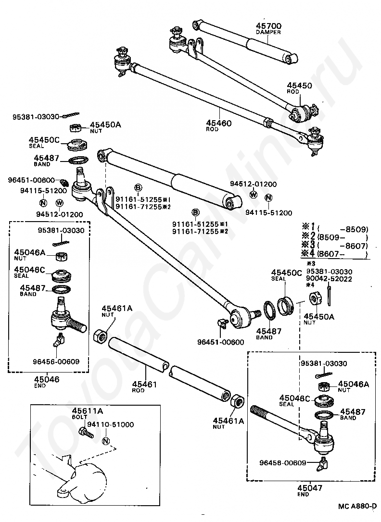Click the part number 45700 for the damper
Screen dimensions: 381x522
coord(268,25)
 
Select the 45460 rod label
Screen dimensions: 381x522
coord(218,123)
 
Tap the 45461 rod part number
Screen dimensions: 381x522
coord(144,384)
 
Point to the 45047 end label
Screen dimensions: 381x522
coord(310,488)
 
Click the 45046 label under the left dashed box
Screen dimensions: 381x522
coord(47,379)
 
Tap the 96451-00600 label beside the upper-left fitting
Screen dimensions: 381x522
coord(31,180)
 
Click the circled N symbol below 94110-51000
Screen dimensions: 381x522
coord(106,441)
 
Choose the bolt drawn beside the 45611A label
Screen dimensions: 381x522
coord(86,433)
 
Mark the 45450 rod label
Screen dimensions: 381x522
coord(299,86)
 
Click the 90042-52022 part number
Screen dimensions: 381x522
coord(329,279)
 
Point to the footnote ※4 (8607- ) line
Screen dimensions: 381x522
coord(334,254)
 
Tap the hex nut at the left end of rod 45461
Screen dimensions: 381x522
coord(101,335)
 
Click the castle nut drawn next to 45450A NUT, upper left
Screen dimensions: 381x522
coord(76,128)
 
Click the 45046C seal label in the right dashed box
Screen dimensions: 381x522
coord(294,398)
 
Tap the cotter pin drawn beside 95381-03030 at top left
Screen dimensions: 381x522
coord(71,115)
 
